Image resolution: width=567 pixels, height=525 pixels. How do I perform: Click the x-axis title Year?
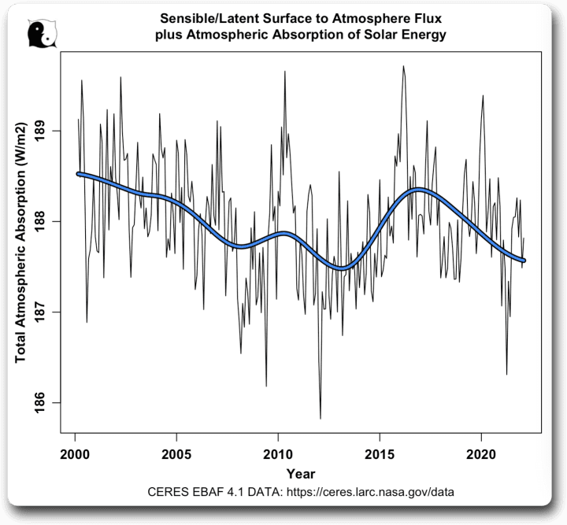click(301, 474)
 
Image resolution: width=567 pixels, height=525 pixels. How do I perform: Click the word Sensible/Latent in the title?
click(203, 17)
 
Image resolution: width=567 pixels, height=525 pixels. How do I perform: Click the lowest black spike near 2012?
click(321, 419)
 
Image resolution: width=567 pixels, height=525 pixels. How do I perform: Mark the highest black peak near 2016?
click(403, 66)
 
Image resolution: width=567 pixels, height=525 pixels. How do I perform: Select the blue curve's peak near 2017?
click(419, 190)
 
